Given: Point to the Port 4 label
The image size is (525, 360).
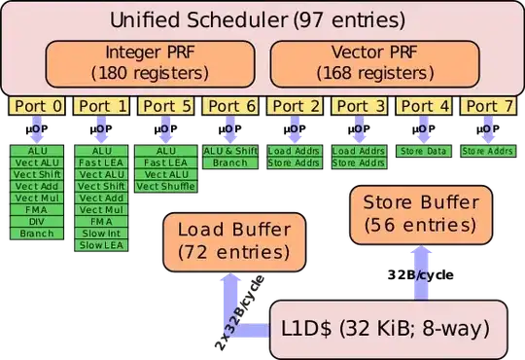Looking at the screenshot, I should tap(423, 107).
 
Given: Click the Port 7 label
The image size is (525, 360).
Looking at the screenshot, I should tap(486, 107).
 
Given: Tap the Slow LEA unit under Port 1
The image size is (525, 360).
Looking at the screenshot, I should tap(101, 245).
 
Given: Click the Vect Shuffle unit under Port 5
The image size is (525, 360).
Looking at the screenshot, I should tap(166, 186).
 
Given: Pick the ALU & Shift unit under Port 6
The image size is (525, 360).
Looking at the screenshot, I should tap(230, 151).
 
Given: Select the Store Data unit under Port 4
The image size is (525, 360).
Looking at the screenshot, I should tap(423, 151).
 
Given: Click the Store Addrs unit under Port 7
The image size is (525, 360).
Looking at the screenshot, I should tap(486, 151).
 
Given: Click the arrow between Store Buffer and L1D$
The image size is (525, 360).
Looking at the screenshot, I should tap(420, 270).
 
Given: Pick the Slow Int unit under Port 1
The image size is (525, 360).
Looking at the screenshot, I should tap(101, 234).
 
